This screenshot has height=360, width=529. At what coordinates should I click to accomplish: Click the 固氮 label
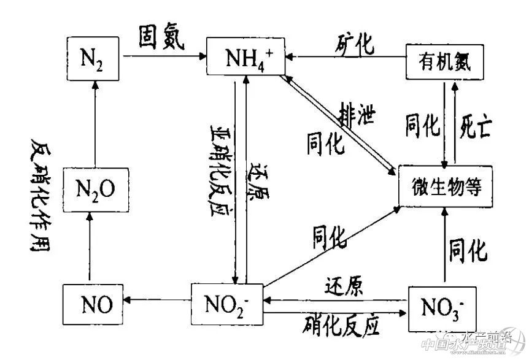tap(163, 40)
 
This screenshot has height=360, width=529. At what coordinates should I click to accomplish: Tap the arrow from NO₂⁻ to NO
tap(157, 300)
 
